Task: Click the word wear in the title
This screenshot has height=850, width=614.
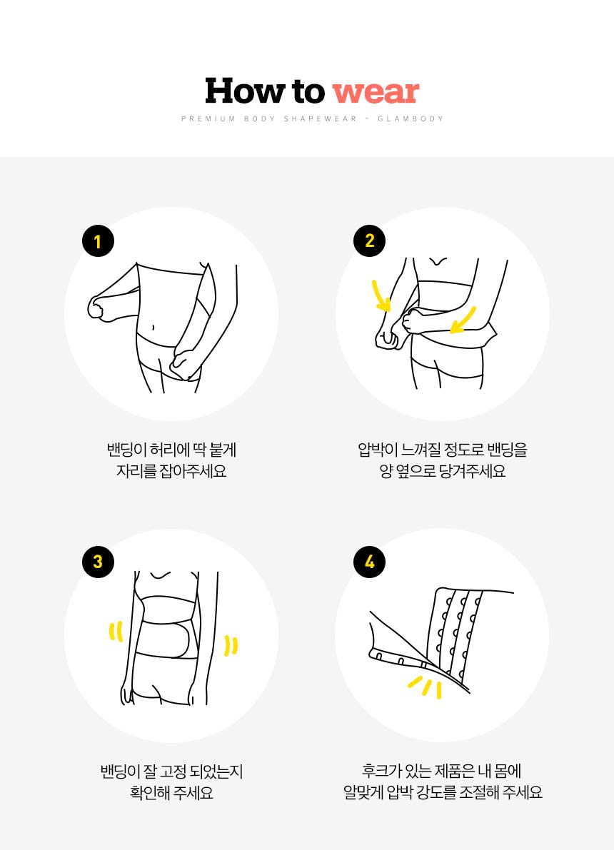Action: click(375, 92)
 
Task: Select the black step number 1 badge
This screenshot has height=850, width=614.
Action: click(98, 241)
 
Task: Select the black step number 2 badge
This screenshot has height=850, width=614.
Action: click(369, 241)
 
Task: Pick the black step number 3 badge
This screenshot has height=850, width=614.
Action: click(98, 562)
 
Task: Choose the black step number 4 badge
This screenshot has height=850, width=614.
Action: click(369, 562)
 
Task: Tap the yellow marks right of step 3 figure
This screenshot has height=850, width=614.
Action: click(231, 646)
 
